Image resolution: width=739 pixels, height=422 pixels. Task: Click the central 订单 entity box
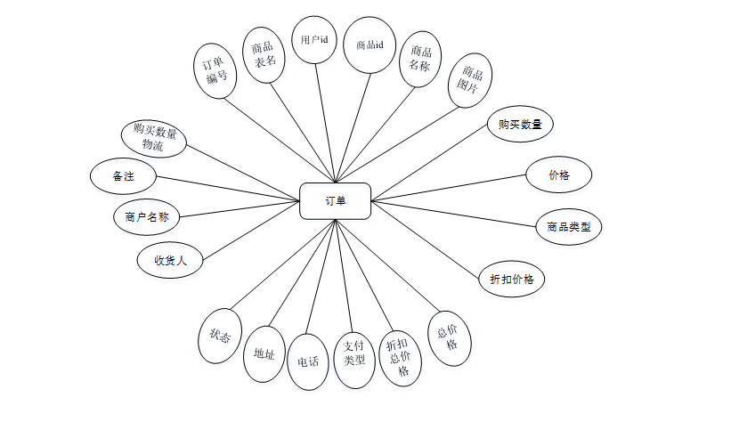pyautogui.click(x=335, y=201)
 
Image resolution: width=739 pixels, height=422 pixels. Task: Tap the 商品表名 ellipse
pyautogui.click(x=263, y=53)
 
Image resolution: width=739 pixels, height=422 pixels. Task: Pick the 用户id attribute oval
pyautogui.click(x=313, y=40)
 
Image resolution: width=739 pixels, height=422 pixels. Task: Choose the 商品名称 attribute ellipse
pyautogui.click(x=420, y=59)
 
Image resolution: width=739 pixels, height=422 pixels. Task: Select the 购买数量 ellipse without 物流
pyautogui.click(x=521, y=123)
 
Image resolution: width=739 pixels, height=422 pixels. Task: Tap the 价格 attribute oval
pyautogui.click(x=559, y=175)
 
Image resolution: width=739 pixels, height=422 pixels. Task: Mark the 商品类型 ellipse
pyautogui.click(x=569, y=227)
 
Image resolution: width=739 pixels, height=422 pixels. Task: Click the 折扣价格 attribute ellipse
pyautogui.click(x=511, y=279)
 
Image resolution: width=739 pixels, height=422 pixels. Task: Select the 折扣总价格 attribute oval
pyautogui.click(x=399, y=357)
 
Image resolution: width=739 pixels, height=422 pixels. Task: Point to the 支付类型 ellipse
pyautogui.click(x=355, y=360)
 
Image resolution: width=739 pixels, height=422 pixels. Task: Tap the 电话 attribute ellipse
pyautogui.click(x=309, y=362)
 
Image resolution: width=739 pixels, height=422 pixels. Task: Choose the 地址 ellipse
pyautogui.click(x=264, y=353)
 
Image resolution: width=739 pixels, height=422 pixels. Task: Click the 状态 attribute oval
pyautogui.click(x=219, y=337)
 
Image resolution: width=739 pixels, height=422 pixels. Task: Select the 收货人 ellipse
pyautogui.click(x=170, y=261)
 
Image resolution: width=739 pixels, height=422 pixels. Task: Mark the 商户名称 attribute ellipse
pyautogui.click(x=147, y=216)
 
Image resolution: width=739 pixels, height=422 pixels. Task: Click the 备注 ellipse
pyautogui.click(x=123, y=175)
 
